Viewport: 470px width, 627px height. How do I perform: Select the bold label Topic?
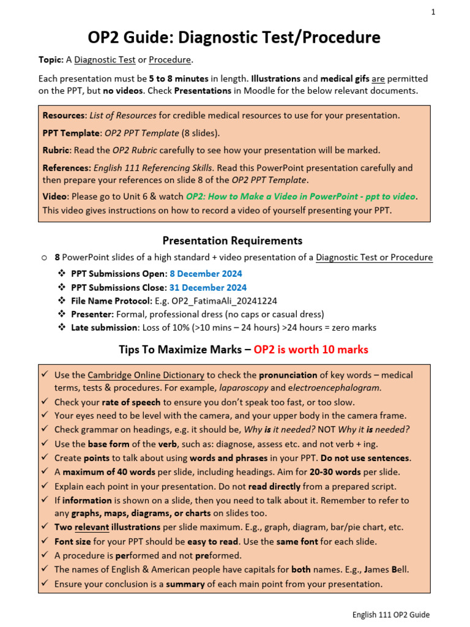51,60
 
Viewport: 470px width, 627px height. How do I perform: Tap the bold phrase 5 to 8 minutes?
179,79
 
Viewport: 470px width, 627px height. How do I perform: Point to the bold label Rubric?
56,150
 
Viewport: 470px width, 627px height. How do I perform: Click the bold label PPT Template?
70,133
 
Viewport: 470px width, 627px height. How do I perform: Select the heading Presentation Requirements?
232,241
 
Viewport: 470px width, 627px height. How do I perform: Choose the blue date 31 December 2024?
208,287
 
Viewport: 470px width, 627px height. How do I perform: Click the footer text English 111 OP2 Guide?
390,615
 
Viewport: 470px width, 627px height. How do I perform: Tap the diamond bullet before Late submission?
61,328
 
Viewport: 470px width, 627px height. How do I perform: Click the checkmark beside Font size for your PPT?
45,541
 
